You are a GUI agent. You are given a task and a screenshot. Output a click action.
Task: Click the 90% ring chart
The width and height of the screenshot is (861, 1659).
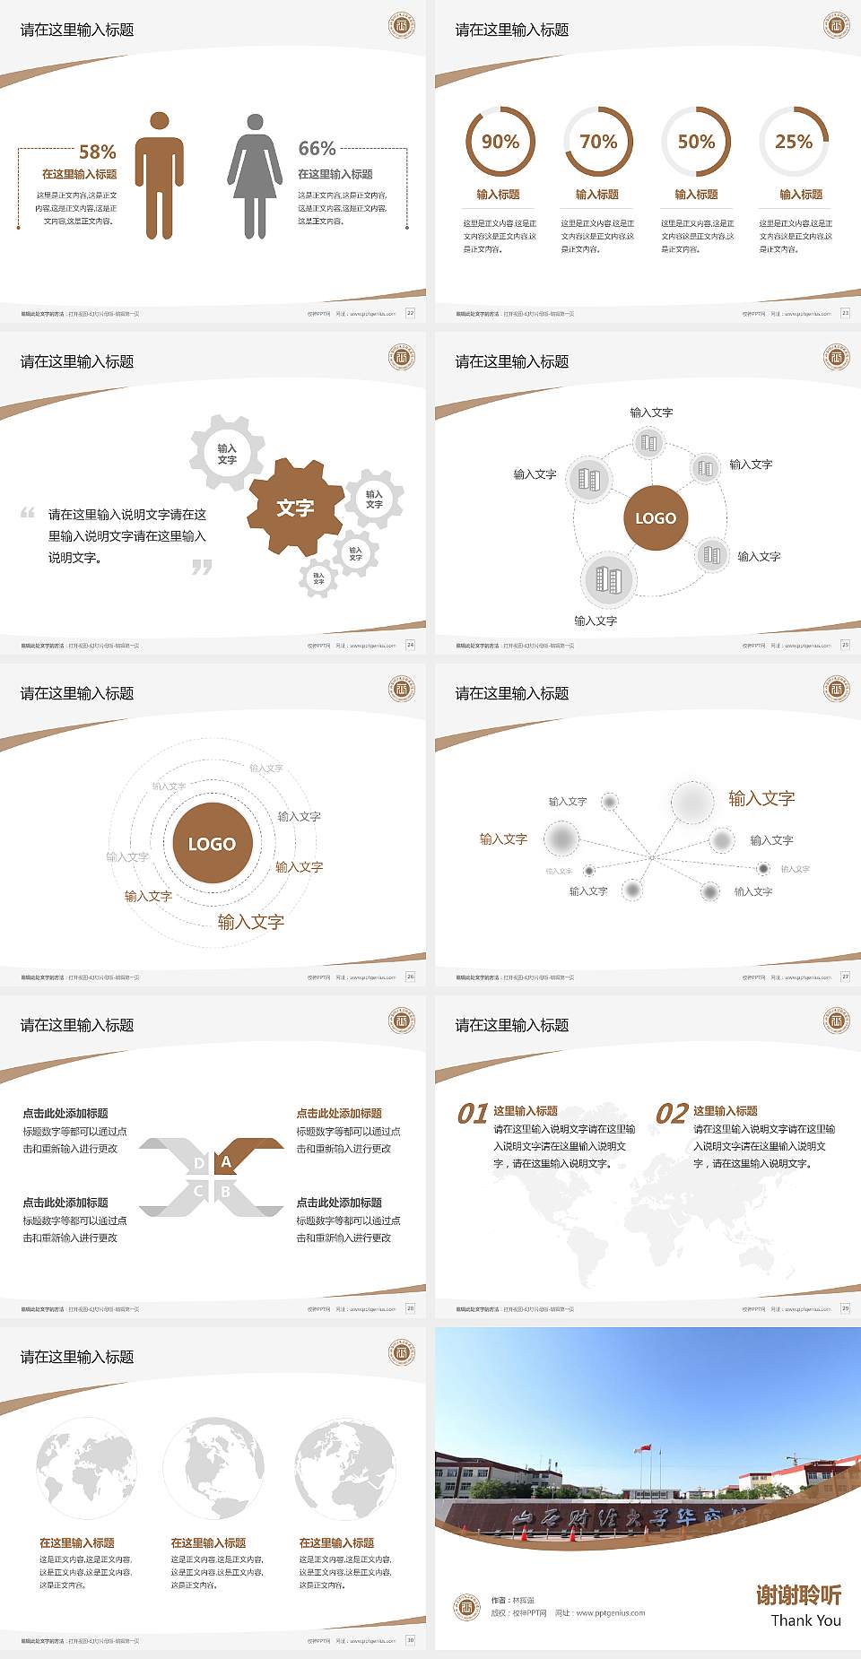coord(500,142)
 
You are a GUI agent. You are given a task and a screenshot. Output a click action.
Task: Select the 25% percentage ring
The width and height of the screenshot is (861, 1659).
coord(794,142)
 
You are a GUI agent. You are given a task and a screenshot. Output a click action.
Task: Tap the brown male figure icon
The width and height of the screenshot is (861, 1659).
coord(160,176)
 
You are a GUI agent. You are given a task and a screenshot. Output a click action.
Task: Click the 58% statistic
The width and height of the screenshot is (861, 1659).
coord(97,152)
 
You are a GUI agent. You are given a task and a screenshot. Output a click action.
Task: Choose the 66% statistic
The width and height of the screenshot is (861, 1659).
coord(317,149)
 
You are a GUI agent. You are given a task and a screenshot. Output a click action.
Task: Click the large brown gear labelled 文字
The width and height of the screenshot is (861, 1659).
coord(295,508)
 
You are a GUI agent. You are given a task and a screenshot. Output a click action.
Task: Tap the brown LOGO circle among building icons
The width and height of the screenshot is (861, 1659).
coord(656,518)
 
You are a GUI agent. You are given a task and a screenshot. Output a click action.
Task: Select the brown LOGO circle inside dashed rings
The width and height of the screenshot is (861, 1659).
coord(212,844)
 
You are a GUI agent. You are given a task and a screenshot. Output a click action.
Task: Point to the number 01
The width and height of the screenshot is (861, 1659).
coord(473,1114)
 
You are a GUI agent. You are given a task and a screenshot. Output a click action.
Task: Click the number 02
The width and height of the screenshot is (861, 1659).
coord(672,1114)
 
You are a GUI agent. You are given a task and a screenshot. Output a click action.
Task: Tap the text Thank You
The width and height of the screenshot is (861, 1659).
coord(805,1620)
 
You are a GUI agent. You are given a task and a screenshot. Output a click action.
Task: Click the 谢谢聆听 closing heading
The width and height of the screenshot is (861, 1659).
coord(798,1595)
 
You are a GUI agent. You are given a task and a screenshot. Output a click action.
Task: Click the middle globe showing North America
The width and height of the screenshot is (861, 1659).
coord(213,1468)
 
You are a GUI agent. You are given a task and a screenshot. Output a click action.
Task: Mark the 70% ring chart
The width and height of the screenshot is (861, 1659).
coord(598,142)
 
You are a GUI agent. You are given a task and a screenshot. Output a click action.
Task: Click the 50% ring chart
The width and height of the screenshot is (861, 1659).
coord(696,142)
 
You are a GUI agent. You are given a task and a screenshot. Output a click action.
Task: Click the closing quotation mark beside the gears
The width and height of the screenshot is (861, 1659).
coord(202,567)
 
